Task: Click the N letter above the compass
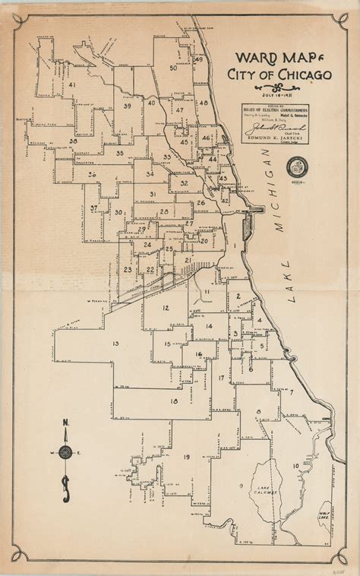(x=66, y=423)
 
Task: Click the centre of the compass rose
(x=66, y=452)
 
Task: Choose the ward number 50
(x=173, y=68)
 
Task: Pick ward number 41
(x=72, y=84)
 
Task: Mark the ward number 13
(x=115, y=344)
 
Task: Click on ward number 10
(x=295, y=465)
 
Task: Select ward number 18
(x=174, y=401)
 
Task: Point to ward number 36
(x=91, y=175)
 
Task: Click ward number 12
(x=166, y=307)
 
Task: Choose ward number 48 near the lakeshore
(x=203, y=103)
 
